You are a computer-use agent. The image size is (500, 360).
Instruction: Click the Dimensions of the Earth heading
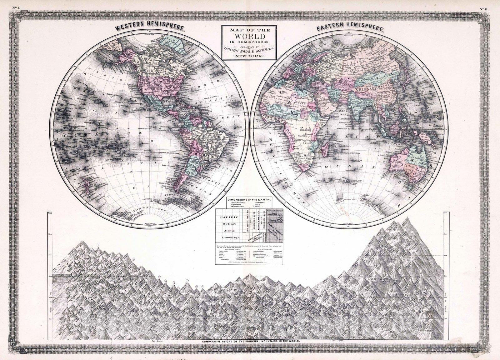(x=249, y=199)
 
